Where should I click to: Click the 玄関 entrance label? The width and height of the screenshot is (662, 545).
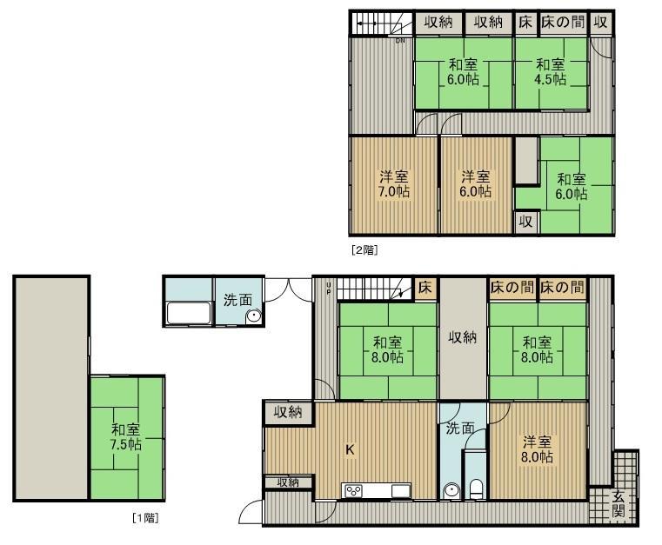619,503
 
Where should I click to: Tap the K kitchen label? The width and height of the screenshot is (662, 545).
350,449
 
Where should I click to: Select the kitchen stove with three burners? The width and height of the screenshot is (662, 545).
353,491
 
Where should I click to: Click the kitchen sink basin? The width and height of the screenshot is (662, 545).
400,491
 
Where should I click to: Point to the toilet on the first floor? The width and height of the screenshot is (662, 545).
476,489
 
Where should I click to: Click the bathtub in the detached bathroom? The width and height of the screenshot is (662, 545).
189,313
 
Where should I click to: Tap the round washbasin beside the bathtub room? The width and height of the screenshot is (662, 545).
253,316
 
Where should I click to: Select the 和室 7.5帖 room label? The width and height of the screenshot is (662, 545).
126,436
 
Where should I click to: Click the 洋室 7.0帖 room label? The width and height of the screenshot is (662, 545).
394,184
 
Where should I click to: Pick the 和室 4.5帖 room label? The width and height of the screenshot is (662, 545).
551,71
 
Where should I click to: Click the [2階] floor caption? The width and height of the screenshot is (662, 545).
364,250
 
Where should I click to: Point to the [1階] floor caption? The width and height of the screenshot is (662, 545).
145,517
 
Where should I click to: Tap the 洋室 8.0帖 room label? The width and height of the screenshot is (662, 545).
537,449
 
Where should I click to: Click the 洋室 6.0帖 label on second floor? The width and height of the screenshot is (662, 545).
476,184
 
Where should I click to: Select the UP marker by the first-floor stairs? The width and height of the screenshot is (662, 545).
329,288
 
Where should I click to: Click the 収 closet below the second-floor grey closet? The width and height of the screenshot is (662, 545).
525,222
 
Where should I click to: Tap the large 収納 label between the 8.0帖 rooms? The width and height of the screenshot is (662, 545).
463,337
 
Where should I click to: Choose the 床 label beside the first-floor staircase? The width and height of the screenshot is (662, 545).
425,287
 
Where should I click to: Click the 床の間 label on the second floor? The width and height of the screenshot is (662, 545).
563,22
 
